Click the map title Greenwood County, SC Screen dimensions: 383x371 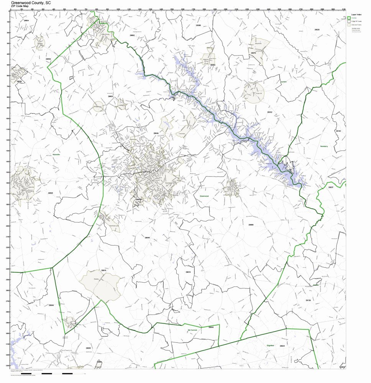tap(31, 2)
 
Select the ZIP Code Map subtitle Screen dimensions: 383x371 tap(20, 6)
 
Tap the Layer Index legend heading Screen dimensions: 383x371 tap(356, 15)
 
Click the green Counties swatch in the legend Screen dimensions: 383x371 tap(349, 18)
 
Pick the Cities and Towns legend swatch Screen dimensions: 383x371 tap(349, 25)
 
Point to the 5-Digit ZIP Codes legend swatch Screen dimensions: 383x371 tap(349, 21)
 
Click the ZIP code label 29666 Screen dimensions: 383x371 tap(251, 224)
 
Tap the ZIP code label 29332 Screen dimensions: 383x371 tap(269, 112)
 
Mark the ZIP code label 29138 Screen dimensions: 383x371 tap(308, 300)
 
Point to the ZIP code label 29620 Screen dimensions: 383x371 tap(51, 193)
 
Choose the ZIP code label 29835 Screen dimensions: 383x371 tap(89, 348)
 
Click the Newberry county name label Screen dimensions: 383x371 tap(325, 146)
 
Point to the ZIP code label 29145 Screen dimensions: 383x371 tap(338, 131)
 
